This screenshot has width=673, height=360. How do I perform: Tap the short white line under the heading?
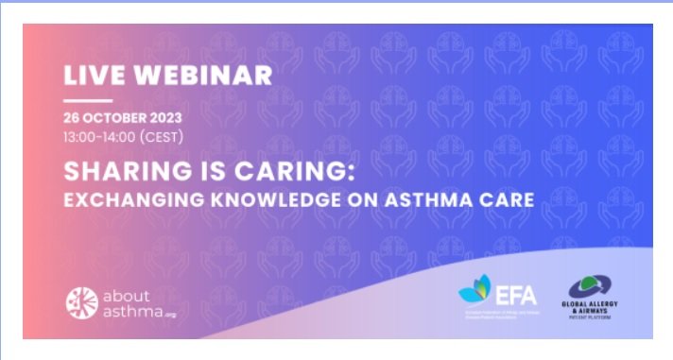pos(88,101)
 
